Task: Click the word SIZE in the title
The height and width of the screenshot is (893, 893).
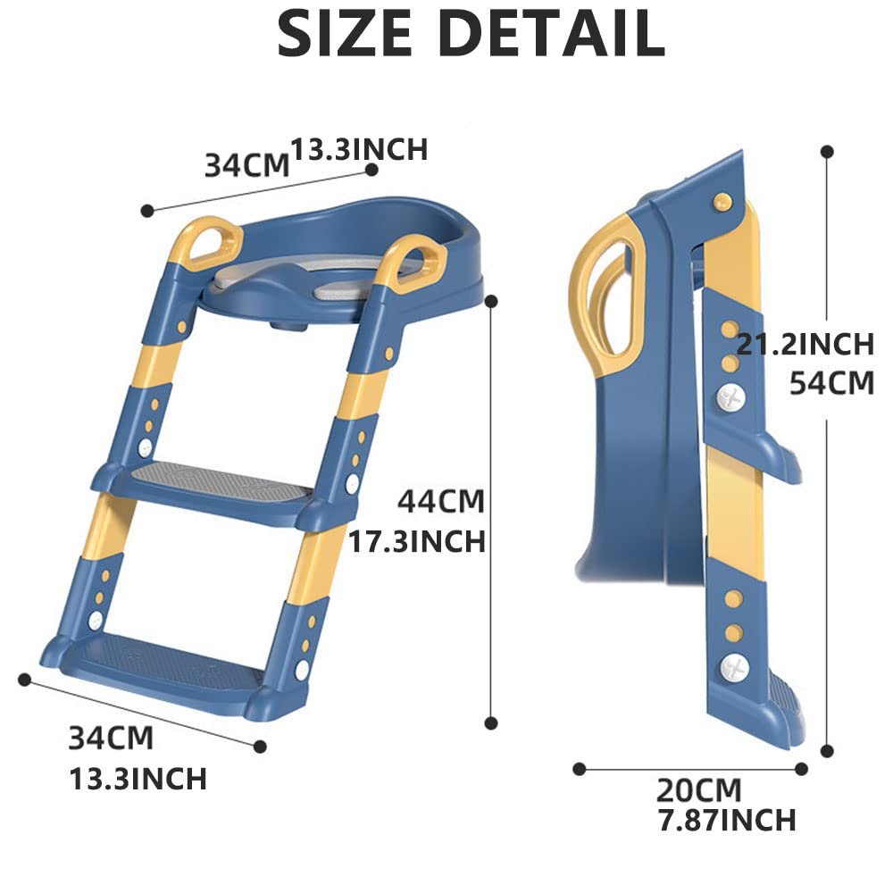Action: [x=344, y=33]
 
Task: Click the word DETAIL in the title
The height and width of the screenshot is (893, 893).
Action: [x=552, y=33]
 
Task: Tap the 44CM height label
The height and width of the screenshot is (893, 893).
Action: [x=441, y=502]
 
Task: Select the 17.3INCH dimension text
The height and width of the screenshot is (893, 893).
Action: [x=417, y=541]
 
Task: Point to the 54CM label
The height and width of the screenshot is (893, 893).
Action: [x=831, y=383]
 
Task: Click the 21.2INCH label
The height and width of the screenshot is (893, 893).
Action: [x=805, y=344]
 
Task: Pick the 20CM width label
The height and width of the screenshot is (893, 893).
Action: [x=699, y=790]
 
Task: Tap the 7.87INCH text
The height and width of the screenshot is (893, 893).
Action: [x=727, y=820]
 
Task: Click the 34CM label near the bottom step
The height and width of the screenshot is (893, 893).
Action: [x=111, y=739]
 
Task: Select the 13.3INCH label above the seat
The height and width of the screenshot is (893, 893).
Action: [x=359, y=149]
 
